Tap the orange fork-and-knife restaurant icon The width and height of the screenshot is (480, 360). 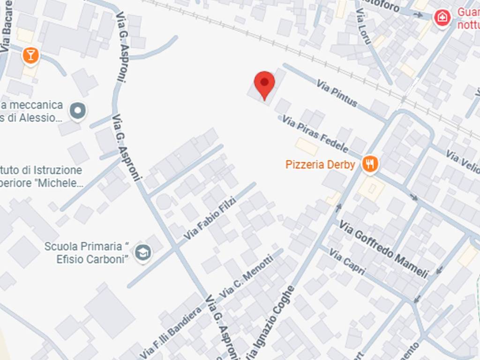370,164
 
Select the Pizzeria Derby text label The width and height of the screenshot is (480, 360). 320,165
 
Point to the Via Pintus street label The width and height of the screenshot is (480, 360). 337,92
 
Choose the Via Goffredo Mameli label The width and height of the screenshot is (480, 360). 383,249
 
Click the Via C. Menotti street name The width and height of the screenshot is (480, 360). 246,276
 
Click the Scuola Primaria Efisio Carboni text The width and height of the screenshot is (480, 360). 86,253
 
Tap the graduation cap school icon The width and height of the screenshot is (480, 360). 143,253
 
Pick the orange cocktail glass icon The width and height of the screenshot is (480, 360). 30,56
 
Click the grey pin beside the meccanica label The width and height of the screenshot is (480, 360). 78,111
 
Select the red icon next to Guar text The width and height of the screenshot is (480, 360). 442,18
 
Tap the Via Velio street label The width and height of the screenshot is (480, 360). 462,161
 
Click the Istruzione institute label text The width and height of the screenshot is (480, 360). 42,176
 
